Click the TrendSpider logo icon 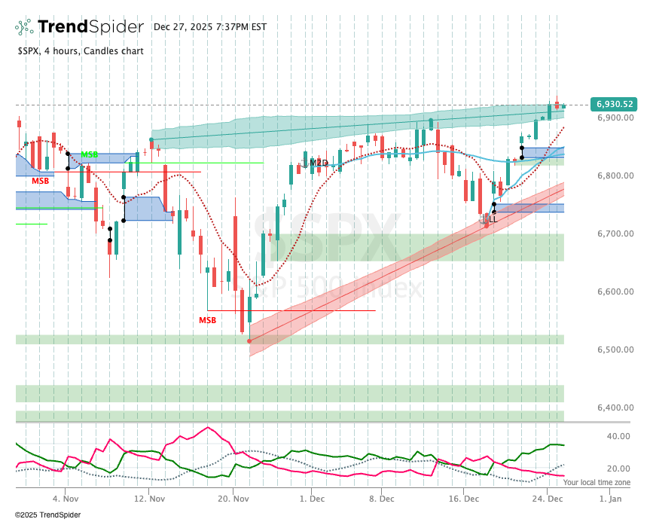[x=24, y=27]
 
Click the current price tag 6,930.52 [x=615, y=104]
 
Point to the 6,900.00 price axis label [x=615, y=118]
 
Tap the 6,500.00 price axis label [x=615, y=350]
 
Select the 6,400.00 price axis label [x=615, y=408]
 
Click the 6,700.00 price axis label [x=615, y=234]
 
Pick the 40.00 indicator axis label [x=618, y=436]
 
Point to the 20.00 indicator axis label [x=618, y=469]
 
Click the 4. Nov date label [x=66, y=499]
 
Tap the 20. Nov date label [x=233, y=499]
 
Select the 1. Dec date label [x=312, y=499]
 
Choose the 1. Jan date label [x=610, y=499]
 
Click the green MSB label [x=89, y=154]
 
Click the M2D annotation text [x=319, y=162]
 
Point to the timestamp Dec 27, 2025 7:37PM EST [x=210, y=27]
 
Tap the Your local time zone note [x=597, y=482]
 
